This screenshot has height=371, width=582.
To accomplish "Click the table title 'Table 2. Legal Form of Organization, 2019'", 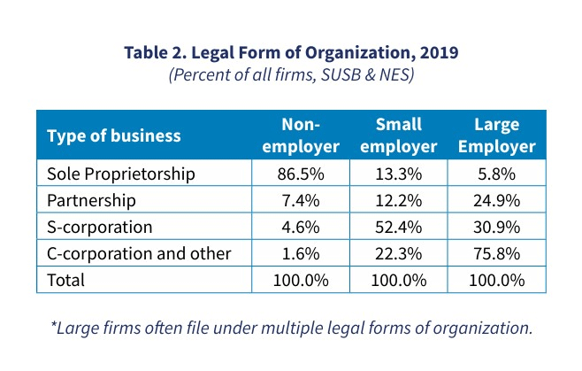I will tap(291, 53).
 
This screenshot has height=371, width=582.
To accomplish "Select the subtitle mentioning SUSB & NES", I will tap(291, 76).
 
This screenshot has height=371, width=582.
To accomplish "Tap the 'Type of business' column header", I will tap(113, 135).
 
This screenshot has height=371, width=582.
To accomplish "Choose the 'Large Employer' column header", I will tap(496, 135).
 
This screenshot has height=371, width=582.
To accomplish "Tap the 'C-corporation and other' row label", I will tap(139, 253).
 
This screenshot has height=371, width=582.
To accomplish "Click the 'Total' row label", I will tap(66, 280).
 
